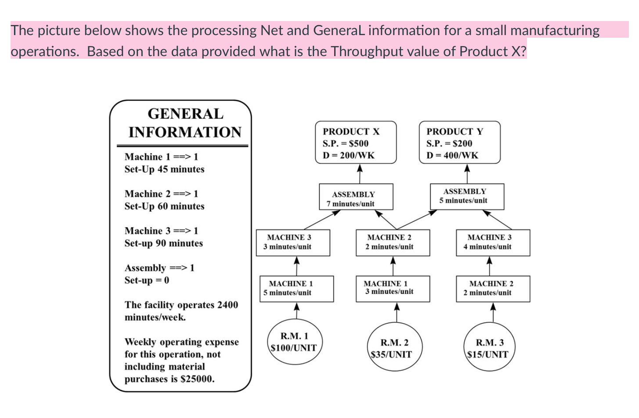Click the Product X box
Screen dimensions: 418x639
(x=356, y=143)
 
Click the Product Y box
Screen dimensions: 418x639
(x=459, y=143)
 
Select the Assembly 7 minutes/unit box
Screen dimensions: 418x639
(x=356, y=197)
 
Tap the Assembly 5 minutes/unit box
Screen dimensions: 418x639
(x=466, y=196)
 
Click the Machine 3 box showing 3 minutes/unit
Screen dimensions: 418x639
(x=292, y=243)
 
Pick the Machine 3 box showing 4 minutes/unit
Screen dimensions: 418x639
(x=492, y=243)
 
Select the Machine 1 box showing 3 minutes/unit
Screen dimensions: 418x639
(x=392, y=289)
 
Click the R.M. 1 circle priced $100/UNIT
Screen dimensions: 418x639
(x=294, y=343)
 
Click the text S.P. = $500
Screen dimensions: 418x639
(x=346, y=143)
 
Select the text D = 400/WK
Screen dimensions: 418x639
(x=452, y=155)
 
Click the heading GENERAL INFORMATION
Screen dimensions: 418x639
(x=185, y=123)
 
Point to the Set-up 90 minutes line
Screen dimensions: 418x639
(x=163, y=243)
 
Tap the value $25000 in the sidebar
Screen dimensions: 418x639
(x=197, y=379)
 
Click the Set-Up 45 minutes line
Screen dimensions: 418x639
(x=164, y=169)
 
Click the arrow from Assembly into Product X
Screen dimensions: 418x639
(x=360, y=174)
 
